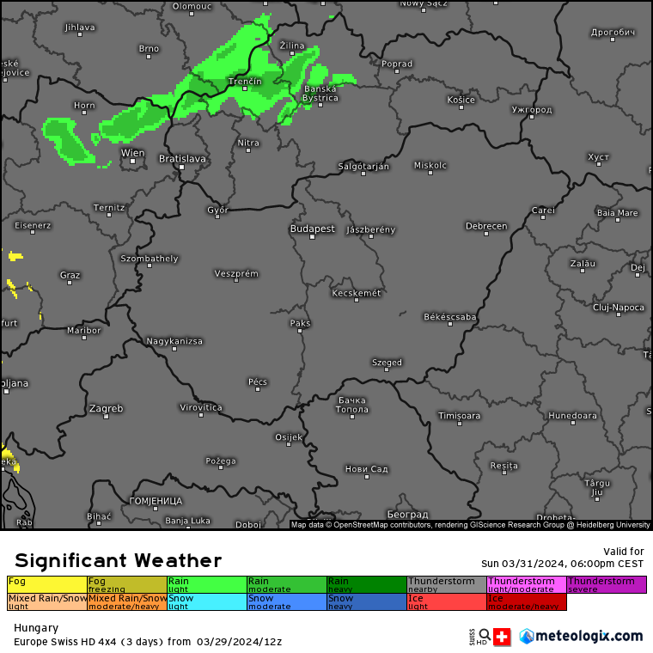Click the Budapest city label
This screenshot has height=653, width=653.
[312, 229]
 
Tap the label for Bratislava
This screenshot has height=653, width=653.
[182, 158]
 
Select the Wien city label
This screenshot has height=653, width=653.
[132, 153]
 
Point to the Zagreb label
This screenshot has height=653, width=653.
[106, 408]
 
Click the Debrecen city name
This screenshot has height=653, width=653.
[485, 226]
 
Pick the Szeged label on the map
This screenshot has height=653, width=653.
[387, 363]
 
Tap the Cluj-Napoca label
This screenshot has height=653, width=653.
[618, 307]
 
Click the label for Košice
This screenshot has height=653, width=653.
[461, 100]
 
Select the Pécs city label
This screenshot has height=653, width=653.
[258, 381]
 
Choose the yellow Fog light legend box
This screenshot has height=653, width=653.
[47, 584]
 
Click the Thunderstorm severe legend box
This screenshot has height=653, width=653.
[606, 584]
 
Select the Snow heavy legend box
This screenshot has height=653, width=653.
[366, 601]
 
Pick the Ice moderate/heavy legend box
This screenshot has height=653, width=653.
[527, 601]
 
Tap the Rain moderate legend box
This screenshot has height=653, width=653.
[286, 584]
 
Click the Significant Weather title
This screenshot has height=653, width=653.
[118, 560]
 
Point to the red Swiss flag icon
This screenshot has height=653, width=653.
[502, 637]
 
